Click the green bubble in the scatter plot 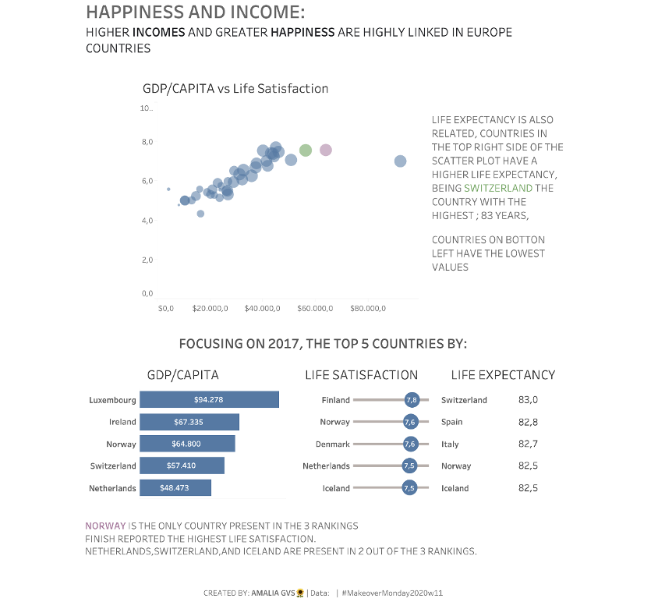point(306,150)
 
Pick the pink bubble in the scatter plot point(326,150)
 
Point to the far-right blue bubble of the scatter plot point(400,161)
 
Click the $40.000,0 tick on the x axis point(262,309)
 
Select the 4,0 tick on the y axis point(147,221)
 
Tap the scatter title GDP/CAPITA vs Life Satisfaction point(235,89)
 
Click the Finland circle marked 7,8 point(412,400)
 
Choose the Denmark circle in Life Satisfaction point(411,444)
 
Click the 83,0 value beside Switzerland point(528,400)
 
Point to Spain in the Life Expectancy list point(451,422)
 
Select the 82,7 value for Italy point(528,444)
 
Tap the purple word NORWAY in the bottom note point(104,526)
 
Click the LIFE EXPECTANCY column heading point(503,375)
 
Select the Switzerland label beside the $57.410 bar point(113,466)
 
